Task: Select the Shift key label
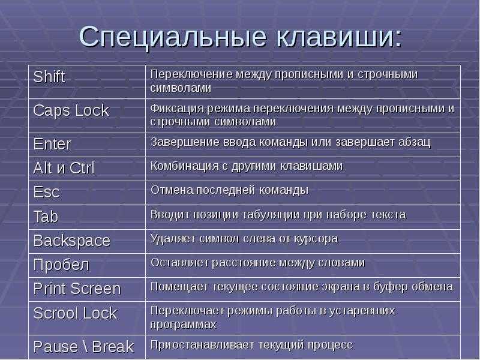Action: pyautogui.click(x=49, y=77)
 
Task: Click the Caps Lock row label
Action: pyautogui.click(x=71, y=110)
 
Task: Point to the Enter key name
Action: pyautogui.click(x=52, y=144)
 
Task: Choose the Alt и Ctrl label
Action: pyautogui.click(x=64, y=168)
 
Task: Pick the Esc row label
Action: pyautogui.click(x=47, y=192)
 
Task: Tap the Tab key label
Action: pyautogui.click(x=46, y=217)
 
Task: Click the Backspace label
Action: pyautogui.click(x=71, y=241)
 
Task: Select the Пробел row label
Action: pyautogui.click(x=61, y=265)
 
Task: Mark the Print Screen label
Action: pyautogui.click(x=77, y=289)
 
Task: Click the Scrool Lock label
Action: pyautogui.click(x=76, y=313)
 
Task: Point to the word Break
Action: pyautogui.click(x=113, y=347)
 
